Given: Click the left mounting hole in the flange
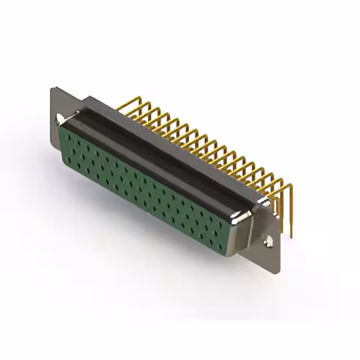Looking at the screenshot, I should point(59,119).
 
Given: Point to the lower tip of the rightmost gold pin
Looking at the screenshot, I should point(292,236).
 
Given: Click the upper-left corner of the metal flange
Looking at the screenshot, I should point(52,88).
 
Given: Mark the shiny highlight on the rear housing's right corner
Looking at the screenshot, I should point(263,201).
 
